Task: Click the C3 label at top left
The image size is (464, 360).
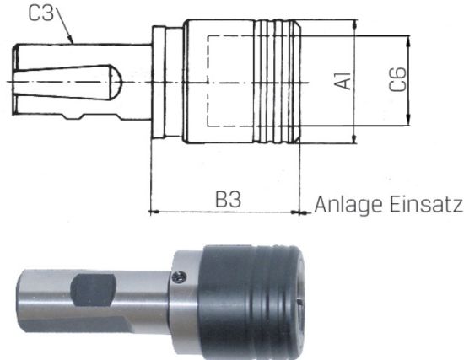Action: tap(41, 13)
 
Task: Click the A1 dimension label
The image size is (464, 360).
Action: tap(343, 80)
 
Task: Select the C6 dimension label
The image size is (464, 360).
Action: tap(397, 79)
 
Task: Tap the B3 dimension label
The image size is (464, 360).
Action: tap(228, 199)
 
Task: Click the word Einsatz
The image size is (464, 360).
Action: tap(425, 204)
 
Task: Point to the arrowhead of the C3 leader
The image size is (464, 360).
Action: tap(70, 40)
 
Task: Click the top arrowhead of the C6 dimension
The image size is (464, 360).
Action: tap(408, 41)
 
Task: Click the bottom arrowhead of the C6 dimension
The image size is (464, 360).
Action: tap(408, 120)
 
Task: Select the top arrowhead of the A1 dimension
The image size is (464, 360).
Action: tap(354, 24)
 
